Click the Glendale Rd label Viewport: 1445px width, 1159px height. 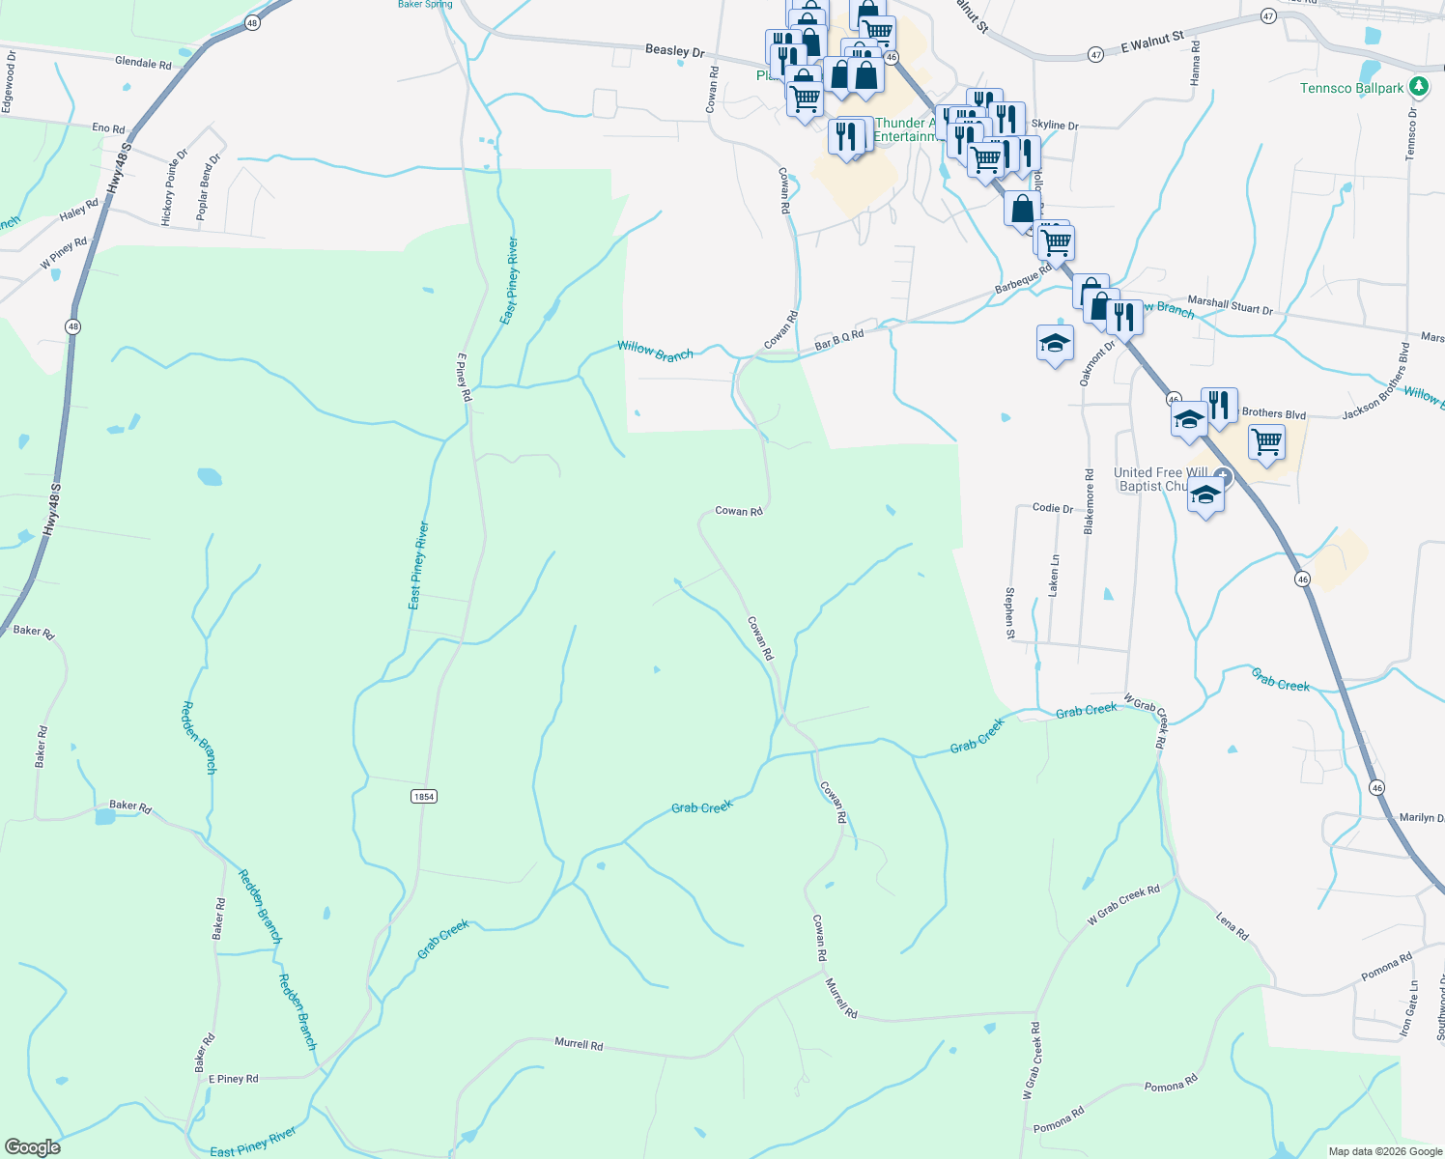(143, 64)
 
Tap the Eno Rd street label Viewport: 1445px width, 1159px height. (108, 128)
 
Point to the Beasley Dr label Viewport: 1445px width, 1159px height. (675, 50)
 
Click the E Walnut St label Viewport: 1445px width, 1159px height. (1152, 42)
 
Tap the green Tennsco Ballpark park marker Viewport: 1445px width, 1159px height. (1418, 87)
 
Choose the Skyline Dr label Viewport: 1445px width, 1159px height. (1055, 126)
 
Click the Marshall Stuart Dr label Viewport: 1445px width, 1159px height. (1230, 305)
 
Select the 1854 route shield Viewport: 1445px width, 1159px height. (423, 796)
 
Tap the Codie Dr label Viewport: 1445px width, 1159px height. (1052, 508)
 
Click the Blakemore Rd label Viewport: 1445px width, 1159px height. (1089, 502)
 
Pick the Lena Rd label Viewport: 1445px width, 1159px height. (1232, 927)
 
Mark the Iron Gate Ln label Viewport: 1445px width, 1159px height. (1408, 1009)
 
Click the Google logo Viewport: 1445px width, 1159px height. (33, 1146)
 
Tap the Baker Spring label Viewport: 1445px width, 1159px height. (425, 5)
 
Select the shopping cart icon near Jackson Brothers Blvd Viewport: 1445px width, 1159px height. (1266, 442)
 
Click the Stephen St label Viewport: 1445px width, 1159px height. (1009, 613)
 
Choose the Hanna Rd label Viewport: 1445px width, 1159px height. (1196, 60)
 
